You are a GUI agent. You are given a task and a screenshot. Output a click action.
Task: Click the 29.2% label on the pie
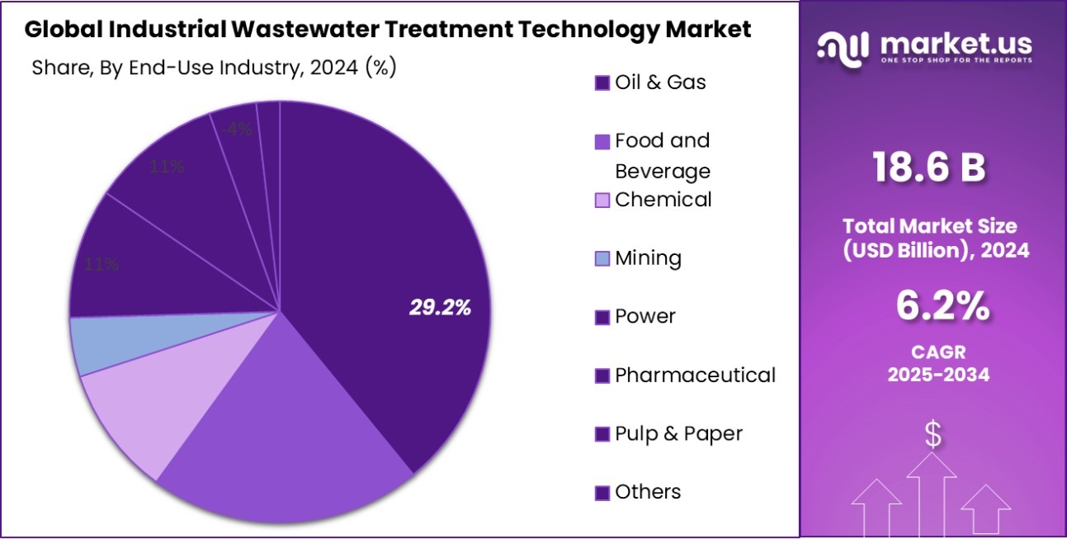(440, 308)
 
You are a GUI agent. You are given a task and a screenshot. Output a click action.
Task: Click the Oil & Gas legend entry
(660, 83)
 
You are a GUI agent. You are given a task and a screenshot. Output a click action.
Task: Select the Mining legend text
(648, 258)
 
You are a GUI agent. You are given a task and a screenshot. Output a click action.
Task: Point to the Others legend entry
(648, 492)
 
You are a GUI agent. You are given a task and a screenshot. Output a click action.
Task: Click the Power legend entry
(644, 317)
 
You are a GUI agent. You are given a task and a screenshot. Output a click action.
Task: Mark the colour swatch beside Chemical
(602, 200)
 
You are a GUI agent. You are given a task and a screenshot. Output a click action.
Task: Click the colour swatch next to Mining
(602, 259)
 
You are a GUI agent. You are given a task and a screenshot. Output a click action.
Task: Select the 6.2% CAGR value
(942, 307)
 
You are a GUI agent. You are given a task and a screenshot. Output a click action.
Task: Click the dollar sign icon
(932, 434)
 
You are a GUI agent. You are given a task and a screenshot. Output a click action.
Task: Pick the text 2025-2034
(938, 375)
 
